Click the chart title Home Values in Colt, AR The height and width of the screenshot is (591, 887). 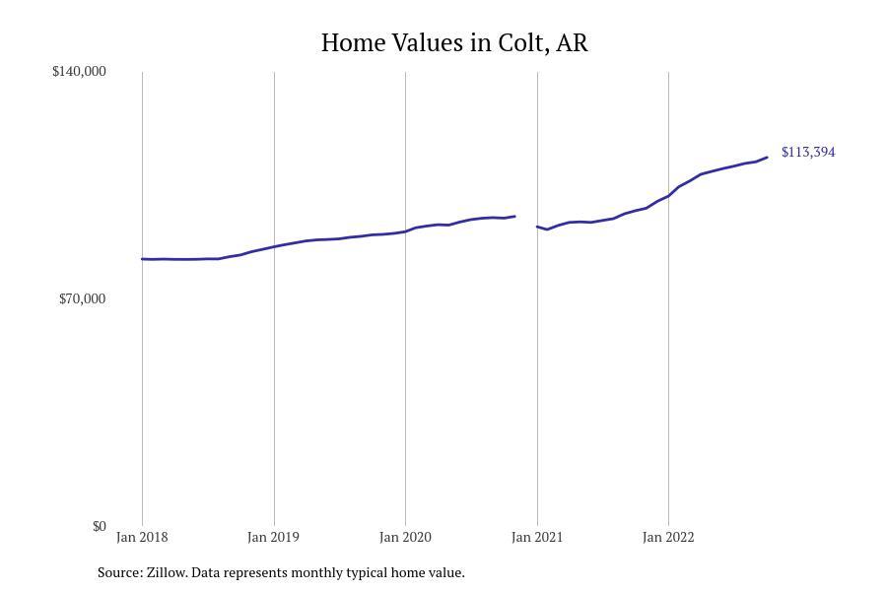pyautogui.click(x=454, y=43)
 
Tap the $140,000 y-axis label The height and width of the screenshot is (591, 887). pyautogui.click(x=79, y=71)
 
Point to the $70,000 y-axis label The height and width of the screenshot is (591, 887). pyautogui.click(x=82, y=298)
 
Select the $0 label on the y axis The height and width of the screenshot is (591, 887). pyautogui.click(x=99, y=526)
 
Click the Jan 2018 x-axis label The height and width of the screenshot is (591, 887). pyautogui.click(x=142, y=538)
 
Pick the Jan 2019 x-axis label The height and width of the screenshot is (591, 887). pyautogui.click(x=273, y=538)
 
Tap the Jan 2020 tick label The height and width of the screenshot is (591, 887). pyautogui.click(x=405, y=538)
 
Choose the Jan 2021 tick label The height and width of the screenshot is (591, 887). pyautogui.click(x=537, y=538)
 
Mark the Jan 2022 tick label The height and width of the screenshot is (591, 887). pyautogui.click(x=668, y=538)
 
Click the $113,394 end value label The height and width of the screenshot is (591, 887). pyautogui.click(x=808, y=152)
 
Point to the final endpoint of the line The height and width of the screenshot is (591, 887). pyautogui.click(x=767, y=158)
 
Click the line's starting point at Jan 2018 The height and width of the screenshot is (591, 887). pyautogui.click(x=143, y=259)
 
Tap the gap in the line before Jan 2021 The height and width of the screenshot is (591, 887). pyautogui.click(x=526, y=222)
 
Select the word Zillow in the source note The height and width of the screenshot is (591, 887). pyautogui.click(x=167, y=572)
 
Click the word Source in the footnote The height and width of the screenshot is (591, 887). pyautogui.click(x=118, y=572)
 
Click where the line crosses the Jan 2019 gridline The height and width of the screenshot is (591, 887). pyautogui.click(x=274, y=246)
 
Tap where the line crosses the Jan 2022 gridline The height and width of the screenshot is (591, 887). pyautogui.click(x=668, y=196)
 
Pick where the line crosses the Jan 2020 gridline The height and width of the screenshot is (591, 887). pyautogui.click(x=405, y=231)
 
